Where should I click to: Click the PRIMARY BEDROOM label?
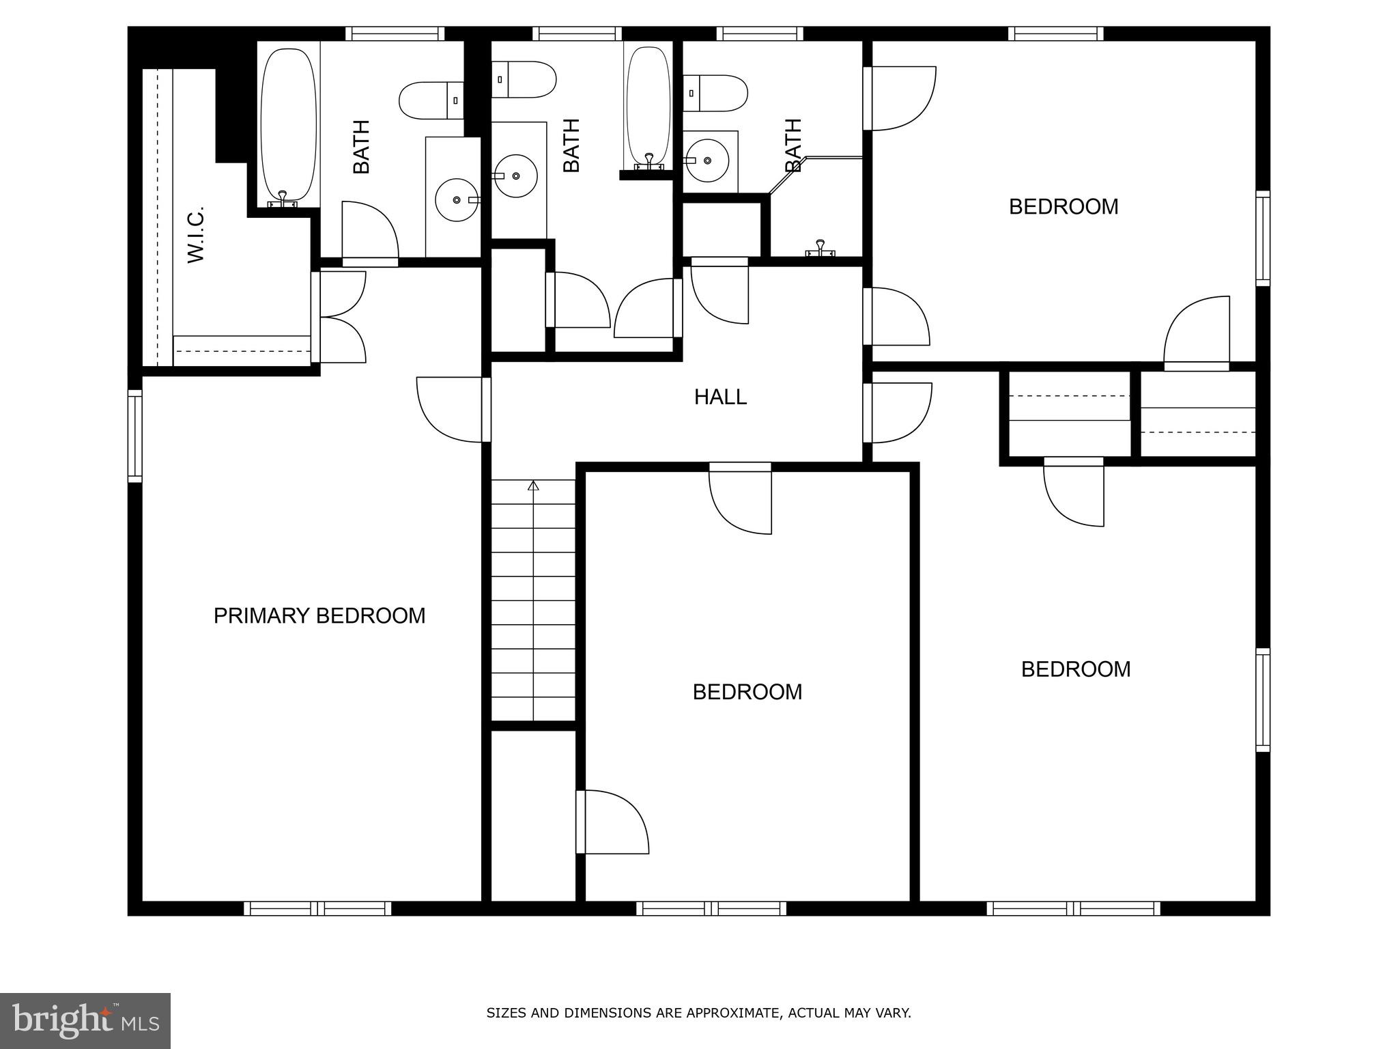[319, 615]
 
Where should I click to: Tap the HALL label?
[720, 397]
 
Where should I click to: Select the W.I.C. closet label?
[197, 235]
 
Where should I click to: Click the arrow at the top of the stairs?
[533, 486]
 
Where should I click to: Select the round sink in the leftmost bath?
[456, 200]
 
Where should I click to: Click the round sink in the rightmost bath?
[707, 160]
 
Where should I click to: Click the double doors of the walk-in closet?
[341, 317]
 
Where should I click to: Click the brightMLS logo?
[85, 1020]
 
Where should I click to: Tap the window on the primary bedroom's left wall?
[135, 436]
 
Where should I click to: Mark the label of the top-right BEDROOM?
[1063, 206]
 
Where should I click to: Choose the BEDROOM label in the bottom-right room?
[1075, 669]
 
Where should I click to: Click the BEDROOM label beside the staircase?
[747, 692]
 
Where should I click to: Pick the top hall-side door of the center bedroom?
[741, 499]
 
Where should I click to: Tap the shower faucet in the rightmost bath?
[820, 249]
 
